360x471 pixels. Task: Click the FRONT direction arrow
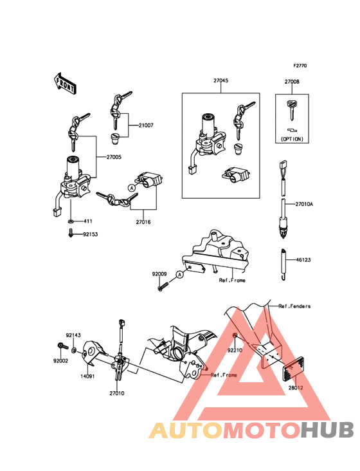[65, 83]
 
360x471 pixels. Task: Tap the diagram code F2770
[300, 66]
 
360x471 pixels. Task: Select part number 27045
[221, 80]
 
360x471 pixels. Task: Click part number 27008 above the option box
[292, 82]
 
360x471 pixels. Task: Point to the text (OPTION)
[292, 139]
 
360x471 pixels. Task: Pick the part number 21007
[146, 125]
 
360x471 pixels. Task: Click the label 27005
[114, 157]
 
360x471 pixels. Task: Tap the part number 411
[88, 221]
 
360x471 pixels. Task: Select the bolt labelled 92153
[70, 233]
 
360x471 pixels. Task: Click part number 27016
[143, 222]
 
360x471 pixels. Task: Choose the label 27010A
[304, 204]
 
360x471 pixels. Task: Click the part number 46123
[303, 260]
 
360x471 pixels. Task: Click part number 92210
[235, 350]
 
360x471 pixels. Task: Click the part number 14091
[87, 376]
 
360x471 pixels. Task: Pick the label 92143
[73, 335]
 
